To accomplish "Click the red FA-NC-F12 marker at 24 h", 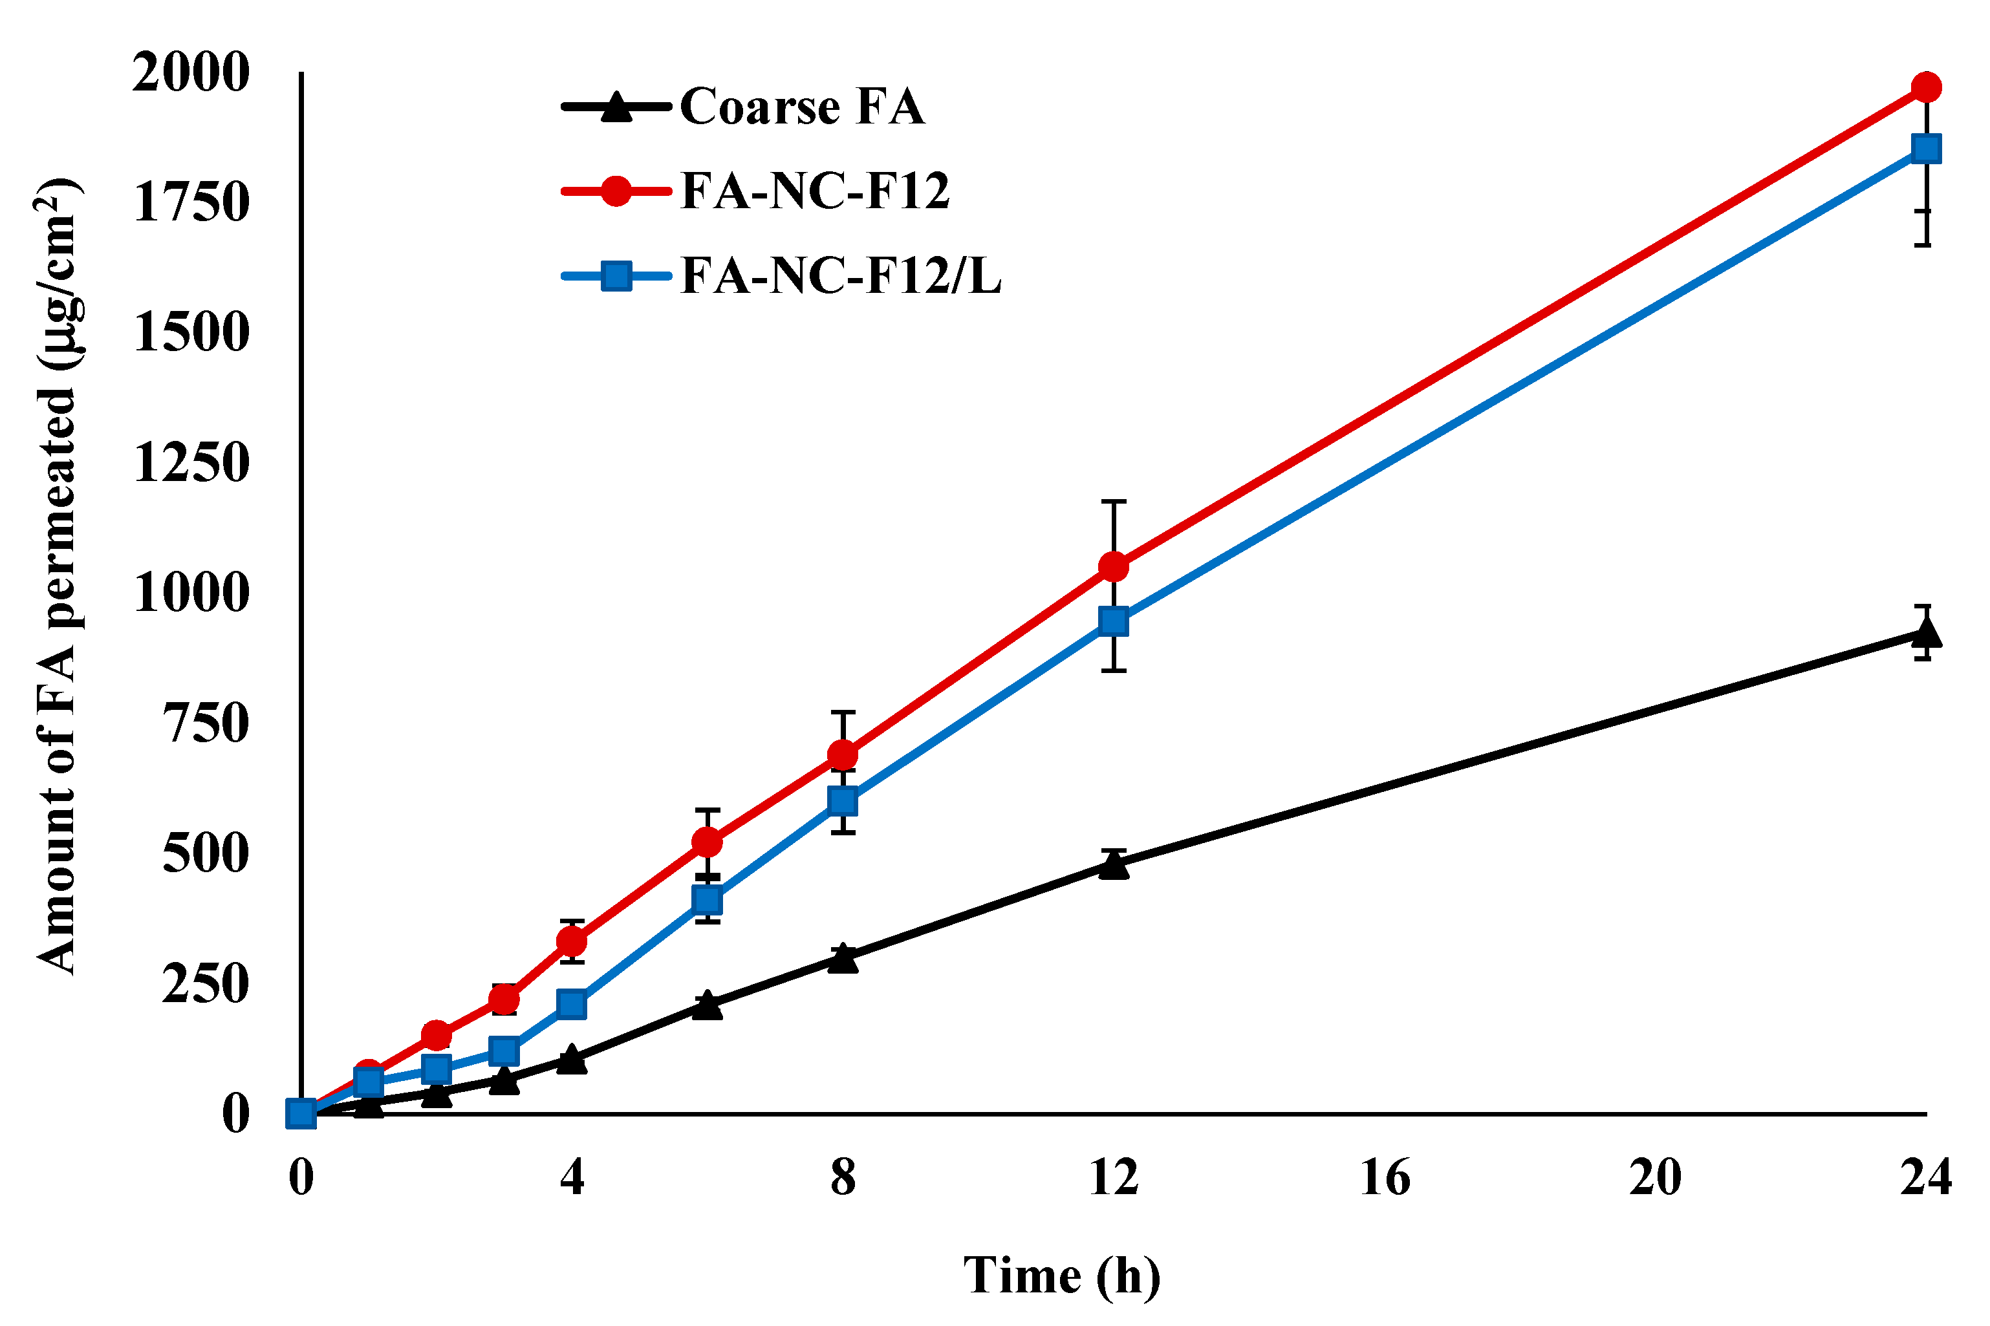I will pyautogui.click(x=1927, y=87).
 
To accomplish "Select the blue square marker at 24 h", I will pyautogui.click(x=1927, y=149).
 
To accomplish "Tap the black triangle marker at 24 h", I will pyautogui.click(x=1927, y=632).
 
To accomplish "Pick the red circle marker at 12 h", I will pyautogui.click(x=1114, y=566).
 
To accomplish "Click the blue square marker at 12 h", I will pyautogui.click(x=1114, y=621).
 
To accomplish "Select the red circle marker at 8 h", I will pyautogui.click(x=842, y=753).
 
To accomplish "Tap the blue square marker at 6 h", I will pyautogui.click(x=707, y=900).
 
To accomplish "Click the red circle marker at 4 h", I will pyautogui.click(x=572, y=941).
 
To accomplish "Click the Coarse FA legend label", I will pyautogui.click(x=802, y=107).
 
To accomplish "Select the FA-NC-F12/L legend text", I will pyautogui.click(x=841, y=275).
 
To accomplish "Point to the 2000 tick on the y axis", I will pyautogui.click(x=191, y=72).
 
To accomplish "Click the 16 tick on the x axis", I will pyautogui.click(x=1385, y=1177).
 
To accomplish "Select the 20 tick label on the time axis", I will pyautogui.click(x=1655, y=1177).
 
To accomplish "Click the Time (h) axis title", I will pyautogui.click(x=1061, y=1276).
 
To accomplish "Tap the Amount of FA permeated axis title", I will pyautogui.click(x=58, y=575).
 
